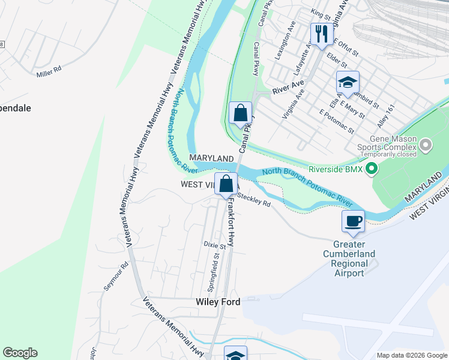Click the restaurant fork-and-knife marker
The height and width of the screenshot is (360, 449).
coord(321,34)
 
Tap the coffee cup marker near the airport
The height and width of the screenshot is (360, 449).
coord(353,221)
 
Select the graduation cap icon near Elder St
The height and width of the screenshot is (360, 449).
coord(348,83)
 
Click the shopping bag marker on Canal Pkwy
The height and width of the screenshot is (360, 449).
coord(240,113)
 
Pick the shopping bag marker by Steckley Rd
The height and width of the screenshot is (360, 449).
coord(226,184)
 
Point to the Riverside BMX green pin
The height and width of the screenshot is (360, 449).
coord(371,170)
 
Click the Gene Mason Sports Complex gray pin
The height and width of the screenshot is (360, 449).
coord(426,145)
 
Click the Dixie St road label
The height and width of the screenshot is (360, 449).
coord(214,245)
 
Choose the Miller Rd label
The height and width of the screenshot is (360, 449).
coord(49,71)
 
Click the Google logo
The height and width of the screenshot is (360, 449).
coord(20,353)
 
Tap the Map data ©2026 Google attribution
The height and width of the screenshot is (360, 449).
coord(411,355)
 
